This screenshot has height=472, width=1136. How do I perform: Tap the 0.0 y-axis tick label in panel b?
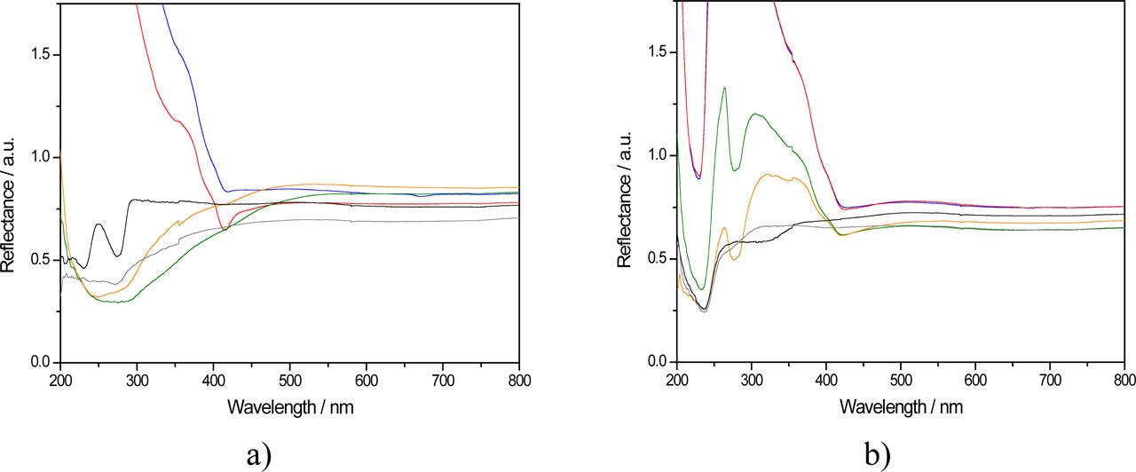point(656,362)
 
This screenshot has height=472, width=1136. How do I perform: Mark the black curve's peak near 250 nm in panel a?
point(99,224)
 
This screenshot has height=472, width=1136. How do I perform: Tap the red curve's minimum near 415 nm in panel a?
point(225,230)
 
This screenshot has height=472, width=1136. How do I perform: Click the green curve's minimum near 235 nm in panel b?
point(702,289)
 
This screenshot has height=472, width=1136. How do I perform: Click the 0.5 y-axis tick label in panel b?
point(656,259)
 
